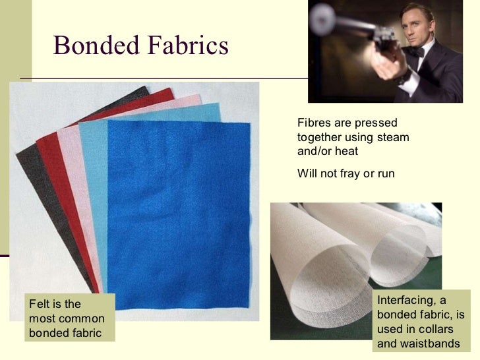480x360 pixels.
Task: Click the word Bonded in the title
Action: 95,45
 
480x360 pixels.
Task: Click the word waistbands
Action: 428,344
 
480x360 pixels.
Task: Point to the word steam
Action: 392,137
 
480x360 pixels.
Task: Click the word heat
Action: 346,151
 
